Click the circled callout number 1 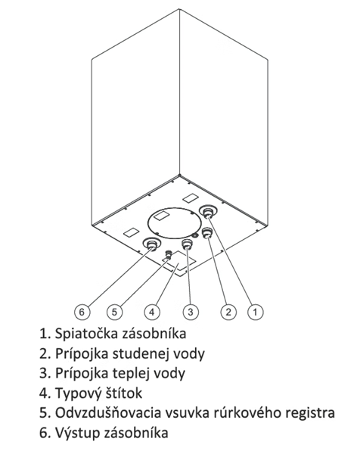click(x=256, y=312)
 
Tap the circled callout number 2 click(x=228, y=312)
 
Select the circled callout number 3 click(x=191, y=312)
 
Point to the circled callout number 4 click(x=152, y=312)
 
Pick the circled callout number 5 click(x=114, y=312)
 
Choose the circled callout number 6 click(x=82, y=312)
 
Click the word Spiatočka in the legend click(x=86, y=334)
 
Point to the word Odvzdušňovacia click(x=108, y=412)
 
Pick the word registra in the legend click(x=310, y=413)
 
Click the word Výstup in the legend click(x=77, y=433)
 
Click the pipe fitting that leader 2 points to click(x=206, y=232)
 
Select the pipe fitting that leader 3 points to click(x=188, y=244)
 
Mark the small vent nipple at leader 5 click(x=168, y=253)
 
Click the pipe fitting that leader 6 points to click(x=151, y=244)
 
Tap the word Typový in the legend click(x=78, y=393)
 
